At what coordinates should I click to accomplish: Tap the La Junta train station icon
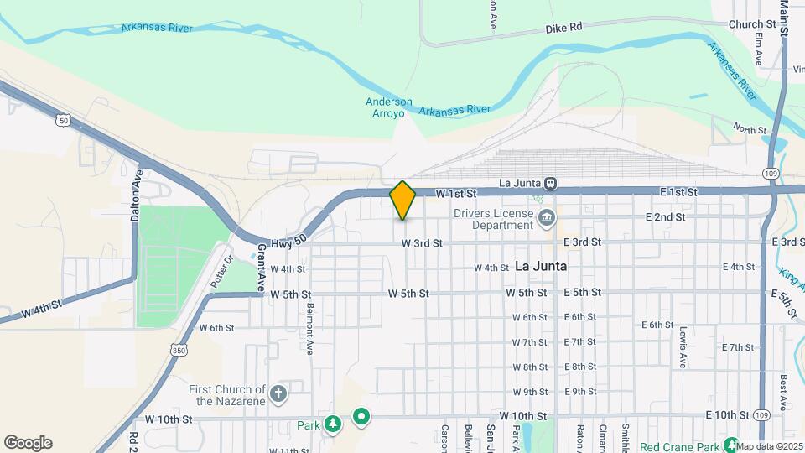tap(551, 182)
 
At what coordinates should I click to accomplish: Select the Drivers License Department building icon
tap(547, 220)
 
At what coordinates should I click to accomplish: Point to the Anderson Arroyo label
tap(389, 107)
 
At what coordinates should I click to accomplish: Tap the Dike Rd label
tap(563, 27)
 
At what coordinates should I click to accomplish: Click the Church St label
tap(751, 25)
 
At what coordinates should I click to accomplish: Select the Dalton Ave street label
tap(136, 195)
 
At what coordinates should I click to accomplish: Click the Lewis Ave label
tap(683, 346)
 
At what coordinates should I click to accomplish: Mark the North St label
tap(750, 129)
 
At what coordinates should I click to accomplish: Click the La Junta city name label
tap(541, 266)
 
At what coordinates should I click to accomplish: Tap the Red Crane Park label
tap(680, 446)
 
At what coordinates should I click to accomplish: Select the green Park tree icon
tap(333, 424)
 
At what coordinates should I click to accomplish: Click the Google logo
tap(28, 443)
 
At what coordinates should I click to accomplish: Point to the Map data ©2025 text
tap(771, 446)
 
